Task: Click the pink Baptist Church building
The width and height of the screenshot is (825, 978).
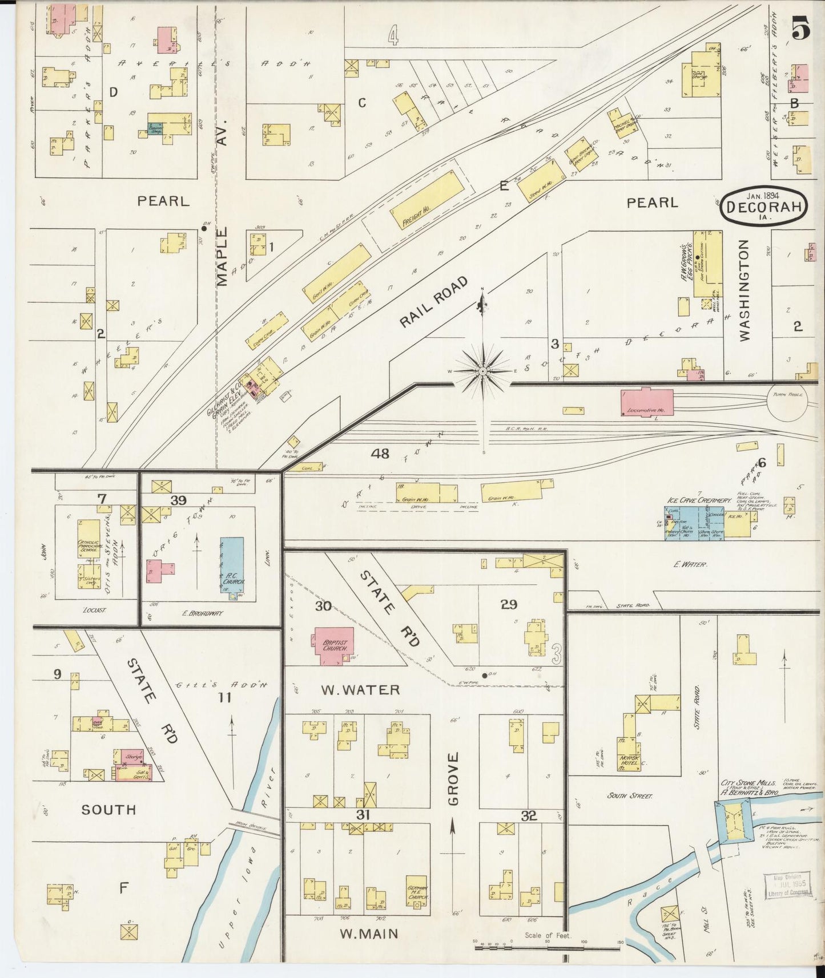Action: pyautogui.click(x=332, y=646)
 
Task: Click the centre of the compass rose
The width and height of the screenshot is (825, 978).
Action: pyautogui.click(x=483, y=371)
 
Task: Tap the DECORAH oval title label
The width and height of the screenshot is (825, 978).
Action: pyautogui.click(x=763, y=208)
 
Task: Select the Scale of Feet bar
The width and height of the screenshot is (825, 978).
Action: pyautogui.click(x=547, y=948)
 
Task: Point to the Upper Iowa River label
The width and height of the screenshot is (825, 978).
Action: pyautogui.click(x=249, y=877)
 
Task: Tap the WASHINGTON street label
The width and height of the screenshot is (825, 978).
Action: pyautogui.click(x=744, y=290)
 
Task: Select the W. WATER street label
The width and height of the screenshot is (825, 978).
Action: pyautogui.click(x=360, y=690)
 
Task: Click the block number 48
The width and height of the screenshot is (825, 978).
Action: pyautogui.click(x=380, y=454)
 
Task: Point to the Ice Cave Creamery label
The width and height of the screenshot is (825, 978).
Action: pyautogui.click(x=698, y=500)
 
